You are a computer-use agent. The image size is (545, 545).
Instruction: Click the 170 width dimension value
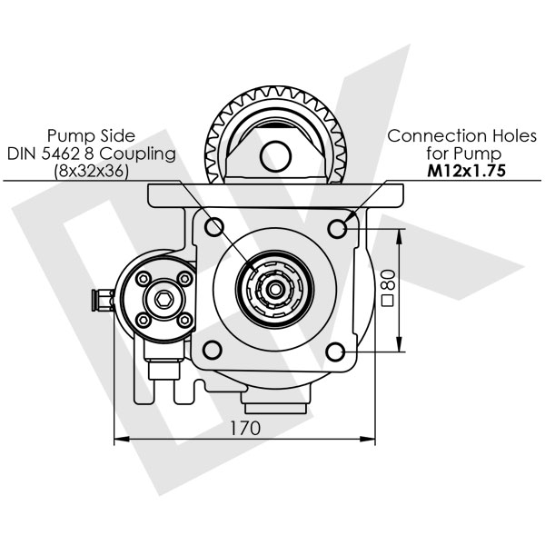coord(244,427)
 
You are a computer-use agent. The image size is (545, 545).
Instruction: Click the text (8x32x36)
coord(91,170)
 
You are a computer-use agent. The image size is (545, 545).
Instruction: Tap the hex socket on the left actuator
coord(163,299)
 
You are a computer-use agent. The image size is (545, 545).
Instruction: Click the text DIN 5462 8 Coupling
coord(91,154)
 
